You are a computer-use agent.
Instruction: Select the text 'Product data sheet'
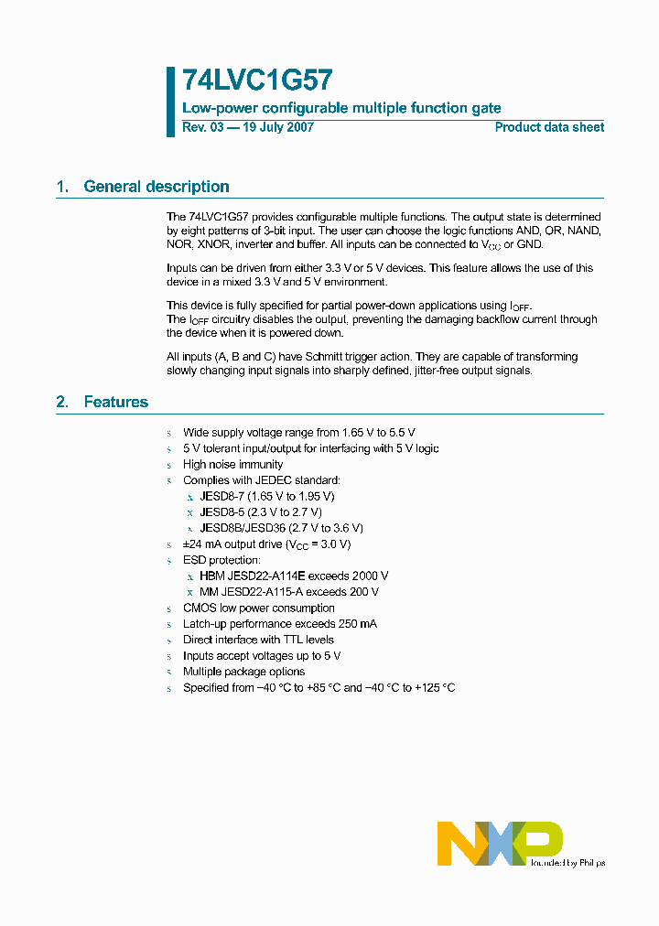tap(549, 128)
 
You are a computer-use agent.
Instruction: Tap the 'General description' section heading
tap(156, 187)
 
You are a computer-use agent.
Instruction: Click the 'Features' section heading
tap(115, 402)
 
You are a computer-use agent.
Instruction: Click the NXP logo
tap(499, 842)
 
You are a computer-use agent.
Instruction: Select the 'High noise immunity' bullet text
tap(233, 465)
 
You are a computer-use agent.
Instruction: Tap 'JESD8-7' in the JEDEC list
tap(221, 497)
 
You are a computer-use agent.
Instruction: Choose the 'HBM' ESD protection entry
tap(211, 576)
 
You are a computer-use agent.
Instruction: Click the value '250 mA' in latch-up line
tap(355, 624)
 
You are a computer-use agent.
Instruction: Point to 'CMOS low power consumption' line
tap(258, 608)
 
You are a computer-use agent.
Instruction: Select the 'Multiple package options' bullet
tap(243, 672)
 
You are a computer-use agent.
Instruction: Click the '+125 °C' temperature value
tap(435, 688)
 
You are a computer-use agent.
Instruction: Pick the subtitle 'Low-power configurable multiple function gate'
tap(341, 108)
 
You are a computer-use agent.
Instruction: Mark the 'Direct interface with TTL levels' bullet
tap(258, 641)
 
